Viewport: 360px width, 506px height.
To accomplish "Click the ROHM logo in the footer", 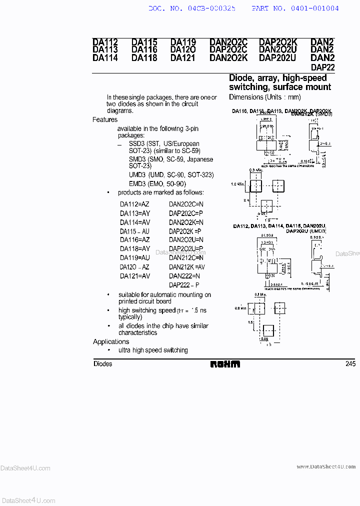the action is (225, 364).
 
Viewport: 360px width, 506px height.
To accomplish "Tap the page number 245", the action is (350, 364).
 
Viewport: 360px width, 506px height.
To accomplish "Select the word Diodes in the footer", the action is (103, 364).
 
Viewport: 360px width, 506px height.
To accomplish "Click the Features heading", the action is (105, 120).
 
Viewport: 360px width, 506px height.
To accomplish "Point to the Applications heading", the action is (111, 342).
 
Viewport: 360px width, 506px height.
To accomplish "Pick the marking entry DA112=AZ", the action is (134, 204).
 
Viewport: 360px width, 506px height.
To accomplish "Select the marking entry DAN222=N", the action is (184, 276).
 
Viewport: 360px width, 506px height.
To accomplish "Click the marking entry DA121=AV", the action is (134, 276).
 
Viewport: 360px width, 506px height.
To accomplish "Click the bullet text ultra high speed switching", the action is (153, 350).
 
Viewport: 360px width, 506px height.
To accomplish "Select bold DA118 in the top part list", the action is (144, 57).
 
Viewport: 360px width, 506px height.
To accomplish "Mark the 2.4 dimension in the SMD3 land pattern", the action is (247, 200).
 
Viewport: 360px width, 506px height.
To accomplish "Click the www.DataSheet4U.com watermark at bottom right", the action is (326, 466).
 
